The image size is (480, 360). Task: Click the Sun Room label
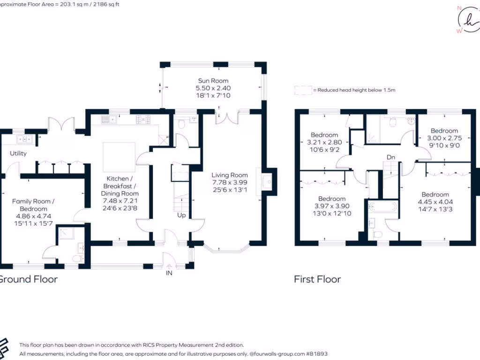pos(213,81)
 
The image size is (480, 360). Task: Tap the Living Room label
pos(229,175)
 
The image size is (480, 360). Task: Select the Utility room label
pos(18,153)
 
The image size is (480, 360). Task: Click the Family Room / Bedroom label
pos(33,205)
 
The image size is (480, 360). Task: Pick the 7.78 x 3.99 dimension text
pos(229,182)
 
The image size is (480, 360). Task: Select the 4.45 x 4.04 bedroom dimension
pos(435,202)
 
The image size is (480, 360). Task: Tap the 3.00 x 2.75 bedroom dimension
pos(444,138)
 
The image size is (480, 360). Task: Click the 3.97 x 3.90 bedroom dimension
pos(331,206)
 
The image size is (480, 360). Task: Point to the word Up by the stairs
pos(180,215)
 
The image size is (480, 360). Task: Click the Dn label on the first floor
pos(390,157)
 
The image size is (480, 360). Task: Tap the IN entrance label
pos(169,273)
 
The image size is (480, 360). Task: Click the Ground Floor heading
pos(28,279)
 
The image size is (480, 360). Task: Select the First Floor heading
pos(317,279)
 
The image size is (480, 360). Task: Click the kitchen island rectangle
pos(119,157)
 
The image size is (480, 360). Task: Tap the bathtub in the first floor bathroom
pos(383,207)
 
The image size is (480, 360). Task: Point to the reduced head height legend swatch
pos(303,90)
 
